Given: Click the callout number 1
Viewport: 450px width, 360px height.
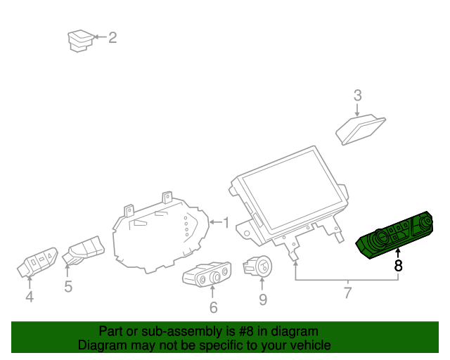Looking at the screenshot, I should click(x=226, y=223).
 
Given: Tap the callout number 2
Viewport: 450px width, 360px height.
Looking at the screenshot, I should click(x=112, y=37).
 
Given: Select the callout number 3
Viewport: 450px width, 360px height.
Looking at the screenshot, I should click(x=357, y=95).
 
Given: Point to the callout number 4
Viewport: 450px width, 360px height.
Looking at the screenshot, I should click(x=30, y=297).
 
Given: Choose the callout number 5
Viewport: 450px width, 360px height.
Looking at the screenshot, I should click(x=68, y=286).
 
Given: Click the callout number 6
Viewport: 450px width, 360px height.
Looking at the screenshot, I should click(x=213, y=307).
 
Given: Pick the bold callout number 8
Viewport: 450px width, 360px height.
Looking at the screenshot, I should click(x=399, y=266).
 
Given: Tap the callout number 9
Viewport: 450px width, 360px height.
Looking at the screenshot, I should click(x=262, y=300).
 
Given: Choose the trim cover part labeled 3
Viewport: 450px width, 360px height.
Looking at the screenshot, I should click(x=361, y=129).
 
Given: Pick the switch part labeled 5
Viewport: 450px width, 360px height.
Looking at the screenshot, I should click(x=84, y=250).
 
